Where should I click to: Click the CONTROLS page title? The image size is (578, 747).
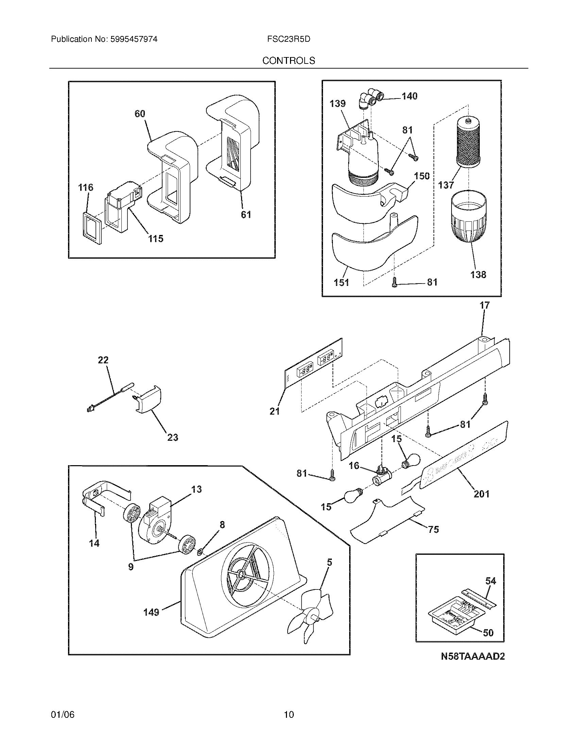[x=289, y=60]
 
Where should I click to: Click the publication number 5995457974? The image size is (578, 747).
[x=134, y=39]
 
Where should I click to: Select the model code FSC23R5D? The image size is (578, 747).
[x=289, y=39]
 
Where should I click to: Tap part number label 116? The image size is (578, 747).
[x=85, y=187]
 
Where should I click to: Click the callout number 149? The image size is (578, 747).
[x=151, y=612]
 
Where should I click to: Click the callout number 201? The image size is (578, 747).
[x=481, y=494]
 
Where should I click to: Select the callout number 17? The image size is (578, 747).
[x=485, y=306]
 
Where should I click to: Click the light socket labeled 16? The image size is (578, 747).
[x=380, y=476]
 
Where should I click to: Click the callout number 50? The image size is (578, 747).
[x=488, y=633]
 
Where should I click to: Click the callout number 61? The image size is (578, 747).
[x=246, y=215]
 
